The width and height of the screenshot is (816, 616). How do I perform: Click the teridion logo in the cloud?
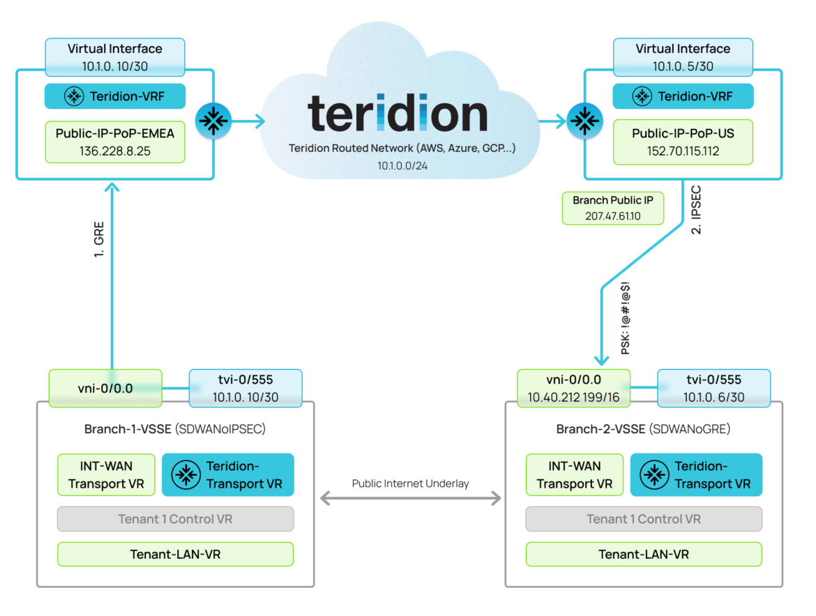[398, 113]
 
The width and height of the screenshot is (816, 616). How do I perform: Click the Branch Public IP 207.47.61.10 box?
[612, 208]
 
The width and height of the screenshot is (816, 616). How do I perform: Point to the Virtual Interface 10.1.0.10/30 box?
[115, 57]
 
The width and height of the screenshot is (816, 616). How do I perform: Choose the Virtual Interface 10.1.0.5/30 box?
[683, 57]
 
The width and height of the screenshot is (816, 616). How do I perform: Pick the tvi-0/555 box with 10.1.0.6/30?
[714, 388]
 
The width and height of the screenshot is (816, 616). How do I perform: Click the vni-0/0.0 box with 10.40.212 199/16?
[573, 388]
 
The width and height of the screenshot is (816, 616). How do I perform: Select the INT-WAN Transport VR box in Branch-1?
[106, 475]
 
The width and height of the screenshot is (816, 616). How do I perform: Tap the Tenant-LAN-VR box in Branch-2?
[643, 554]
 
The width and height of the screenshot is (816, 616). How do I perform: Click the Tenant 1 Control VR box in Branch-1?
[175, 519]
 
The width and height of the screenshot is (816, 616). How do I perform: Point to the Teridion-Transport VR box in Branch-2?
[695, 475]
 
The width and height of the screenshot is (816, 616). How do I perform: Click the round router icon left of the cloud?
[210, 121]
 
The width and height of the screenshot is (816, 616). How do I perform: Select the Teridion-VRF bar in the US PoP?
[683, 96]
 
